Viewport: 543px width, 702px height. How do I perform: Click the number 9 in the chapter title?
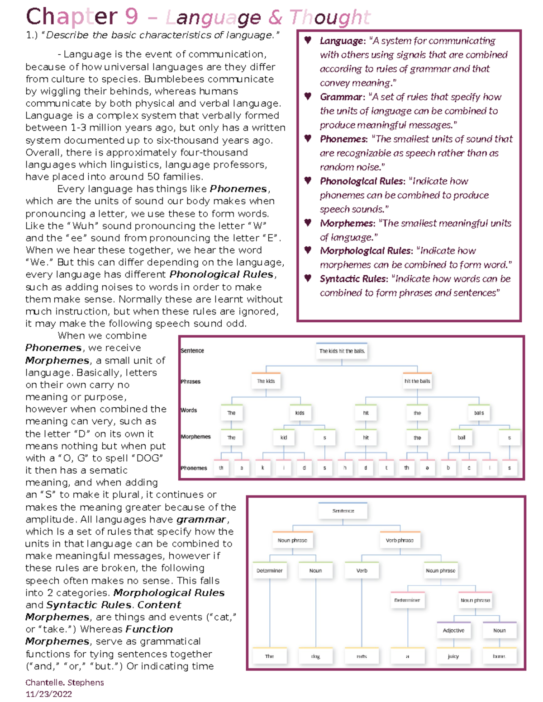click(131, 17)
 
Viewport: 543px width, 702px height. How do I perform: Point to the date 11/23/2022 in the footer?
click(49, 694)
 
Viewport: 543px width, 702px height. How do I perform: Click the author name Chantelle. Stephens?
click(65, 682)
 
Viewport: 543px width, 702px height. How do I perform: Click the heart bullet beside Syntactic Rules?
click(308, 278)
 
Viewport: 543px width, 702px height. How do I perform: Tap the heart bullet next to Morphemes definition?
click(308, 222)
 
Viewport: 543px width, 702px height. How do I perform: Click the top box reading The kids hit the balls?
click(342, 351)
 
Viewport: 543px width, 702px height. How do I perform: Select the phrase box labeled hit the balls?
click(417, 381)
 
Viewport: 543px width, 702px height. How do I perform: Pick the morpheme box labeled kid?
click(284, 438)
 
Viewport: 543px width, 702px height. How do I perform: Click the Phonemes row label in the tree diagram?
click(194, 468)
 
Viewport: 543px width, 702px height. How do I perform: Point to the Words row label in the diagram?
click(189, 410)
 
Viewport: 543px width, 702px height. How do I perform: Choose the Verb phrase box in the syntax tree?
click(400, 540)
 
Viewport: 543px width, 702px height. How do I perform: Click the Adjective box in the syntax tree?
click(453, 630)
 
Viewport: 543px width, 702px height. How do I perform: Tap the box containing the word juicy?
click(453, 656)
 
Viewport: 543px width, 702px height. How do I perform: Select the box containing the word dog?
click(315, 656)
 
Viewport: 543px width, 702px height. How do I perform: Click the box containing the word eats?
click(362, 656)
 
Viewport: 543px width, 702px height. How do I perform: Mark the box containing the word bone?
click(499, 656)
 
